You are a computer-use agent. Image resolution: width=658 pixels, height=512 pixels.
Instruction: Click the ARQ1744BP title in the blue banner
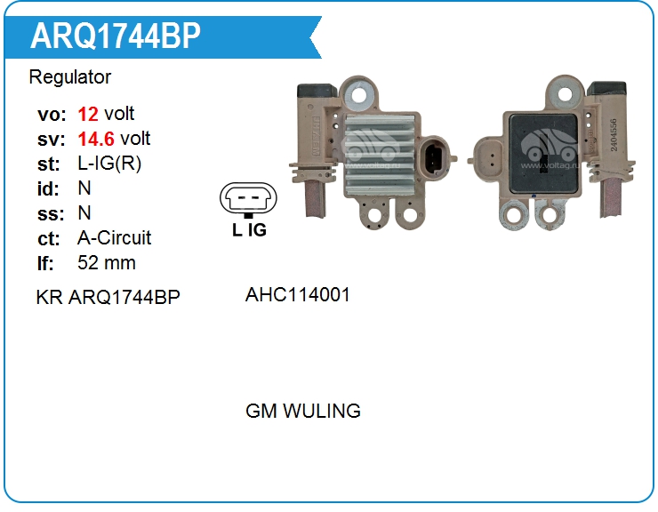click(116, 36)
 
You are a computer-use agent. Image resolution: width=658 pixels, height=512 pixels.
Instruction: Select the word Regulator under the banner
click(70, 77)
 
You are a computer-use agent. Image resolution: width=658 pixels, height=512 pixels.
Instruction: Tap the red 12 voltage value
click(88, 114)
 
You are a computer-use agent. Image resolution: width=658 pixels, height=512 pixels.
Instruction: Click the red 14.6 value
click(96, 139)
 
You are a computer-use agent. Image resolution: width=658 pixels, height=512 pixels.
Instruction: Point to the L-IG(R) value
click(109, 164)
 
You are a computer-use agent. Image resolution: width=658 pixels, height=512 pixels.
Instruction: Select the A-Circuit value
click(115, 238)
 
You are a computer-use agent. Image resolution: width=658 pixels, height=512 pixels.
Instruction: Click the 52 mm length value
click(107, 263)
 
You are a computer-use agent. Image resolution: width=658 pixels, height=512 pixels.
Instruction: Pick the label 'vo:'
click(51, 114)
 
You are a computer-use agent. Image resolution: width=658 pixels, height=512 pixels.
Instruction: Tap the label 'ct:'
click(50, 238)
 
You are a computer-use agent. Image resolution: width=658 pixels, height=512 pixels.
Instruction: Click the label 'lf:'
click(46, 263)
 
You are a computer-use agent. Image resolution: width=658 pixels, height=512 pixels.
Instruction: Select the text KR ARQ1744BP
click(108, 296)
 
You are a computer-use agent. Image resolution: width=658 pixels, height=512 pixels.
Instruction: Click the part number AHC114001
click(298, 294)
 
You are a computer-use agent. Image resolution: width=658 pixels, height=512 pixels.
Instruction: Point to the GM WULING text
click(303, 411)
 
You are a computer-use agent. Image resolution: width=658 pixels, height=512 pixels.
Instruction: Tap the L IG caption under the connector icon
click(249, 229)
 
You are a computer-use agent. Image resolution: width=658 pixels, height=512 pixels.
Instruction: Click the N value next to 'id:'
click(84, 188)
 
